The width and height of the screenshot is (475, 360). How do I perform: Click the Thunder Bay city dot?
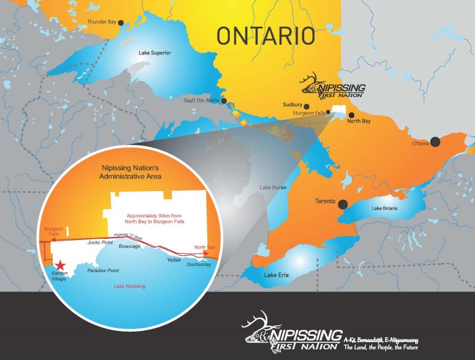coord(121,22)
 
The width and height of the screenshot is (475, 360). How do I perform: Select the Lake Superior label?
coord(155,53)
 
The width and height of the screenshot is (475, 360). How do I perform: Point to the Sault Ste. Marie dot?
coord(224,100)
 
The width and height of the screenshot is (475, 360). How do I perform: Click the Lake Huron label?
coord(273,187)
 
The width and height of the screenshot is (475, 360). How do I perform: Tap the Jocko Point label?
coord(100,242)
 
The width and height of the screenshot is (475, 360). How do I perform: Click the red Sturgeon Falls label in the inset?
coord(53,233)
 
